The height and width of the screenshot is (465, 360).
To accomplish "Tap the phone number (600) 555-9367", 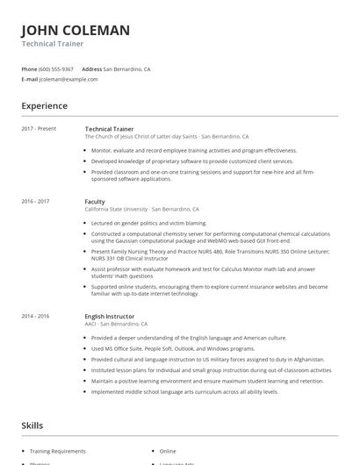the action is pyautogui.click(x=57, y=68).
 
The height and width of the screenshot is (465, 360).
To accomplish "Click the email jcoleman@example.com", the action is pyautogui.click(x=68, y=79).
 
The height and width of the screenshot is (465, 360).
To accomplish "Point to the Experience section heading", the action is pyautogui.click(x=45, y=106).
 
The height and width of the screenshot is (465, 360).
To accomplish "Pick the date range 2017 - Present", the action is pyautogui.click(x=39, y=129).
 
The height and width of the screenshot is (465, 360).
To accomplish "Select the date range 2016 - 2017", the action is pyautogui.click(x=36, y=202).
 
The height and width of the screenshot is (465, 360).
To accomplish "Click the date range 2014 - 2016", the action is pyautogui.click(x=36, y=317).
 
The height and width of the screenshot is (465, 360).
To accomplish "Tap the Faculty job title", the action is pyautogui.click(x=95, y=202).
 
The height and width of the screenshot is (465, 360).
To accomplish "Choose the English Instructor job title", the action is pyautogui.click(x=110, y=317).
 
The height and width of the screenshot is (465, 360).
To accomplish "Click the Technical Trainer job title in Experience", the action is pyautogui.click(x=110, y=129).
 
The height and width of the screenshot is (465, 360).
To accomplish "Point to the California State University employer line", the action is pyautogui.click(x=141, y=210).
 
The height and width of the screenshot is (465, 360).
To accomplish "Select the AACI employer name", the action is pyautogui.click(x=92, y=325).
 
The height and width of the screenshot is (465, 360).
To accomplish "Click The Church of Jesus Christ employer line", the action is pyautogui.click(x=167, y=137).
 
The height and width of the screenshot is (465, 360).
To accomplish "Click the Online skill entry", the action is pyautogui.click(x=168, y=451).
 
